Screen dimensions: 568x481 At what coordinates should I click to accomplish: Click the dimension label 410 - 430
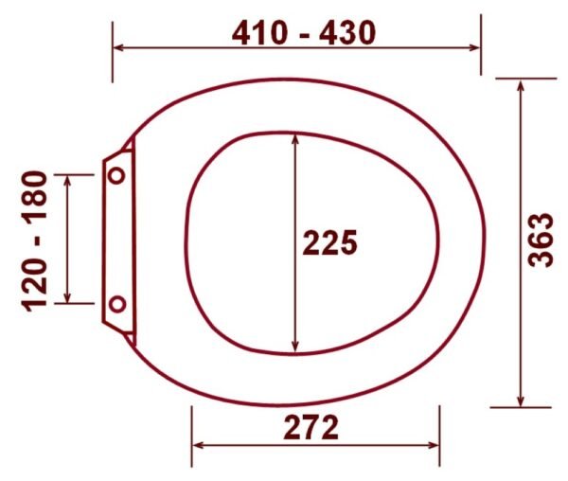[304, 33]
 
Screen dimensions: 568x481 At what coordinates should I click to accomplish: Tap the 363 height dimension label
[541, 240]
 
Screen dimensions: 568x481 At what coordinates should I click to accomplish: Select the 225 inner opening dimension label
[330, 242]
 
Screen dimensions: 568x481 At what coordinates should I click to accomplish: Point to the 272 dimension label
[311, 427]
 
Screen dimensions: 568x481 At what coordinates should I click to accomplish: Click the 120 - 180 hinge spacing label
[35, 241]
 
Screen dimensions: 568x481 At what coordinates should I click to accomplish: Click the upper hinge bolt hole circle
[116, 175]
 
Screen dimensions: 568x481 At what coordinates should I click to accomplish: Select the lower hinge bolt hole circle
[117, 304]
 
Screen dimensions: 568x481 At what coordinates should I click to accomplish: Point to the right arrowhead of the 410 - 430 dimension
[474, 47]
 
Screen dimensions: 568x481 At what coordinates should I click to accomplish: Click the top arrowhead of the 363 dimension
[521, 85]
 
